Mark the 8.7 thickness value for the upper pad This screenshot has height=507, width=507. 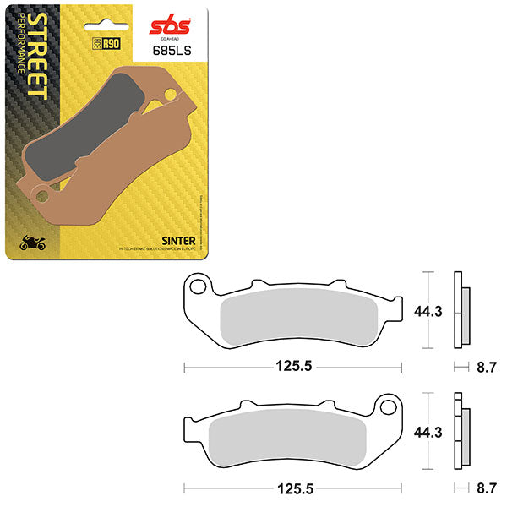[x=485, y=368]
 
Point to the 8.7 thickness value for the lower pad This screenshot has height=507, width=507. [x=485, y=488]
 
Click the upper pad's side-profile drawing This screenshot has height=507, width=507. [x=461, y=310]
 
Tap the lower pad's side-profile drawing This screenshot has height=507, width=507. [x=461, y=431]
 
